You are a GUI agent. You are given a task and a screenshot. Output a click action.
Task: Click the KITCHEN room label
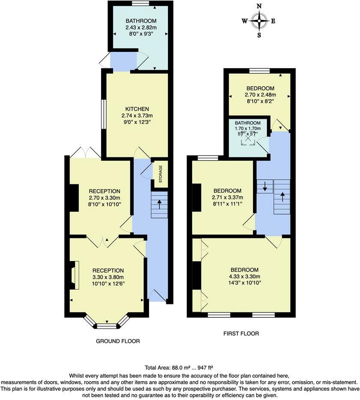[137, 109]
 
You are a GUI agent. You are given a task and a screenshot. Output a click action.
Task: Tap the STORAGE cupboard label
[161, 174]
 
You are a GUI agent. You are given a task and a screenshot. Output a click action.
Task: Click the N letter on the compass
[259, 6]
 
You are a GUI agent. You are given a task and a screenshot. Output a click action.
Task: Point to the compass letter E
[273, 21]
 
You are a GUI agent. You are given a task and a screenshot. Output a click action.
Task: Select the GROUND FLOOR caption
[118, 341]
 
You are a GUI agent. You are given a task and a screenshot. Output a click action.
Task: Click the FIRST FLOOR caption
[241, 334]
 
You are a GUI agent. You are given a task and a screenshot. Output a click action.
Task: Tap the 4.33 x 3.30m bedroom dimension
[245, 276]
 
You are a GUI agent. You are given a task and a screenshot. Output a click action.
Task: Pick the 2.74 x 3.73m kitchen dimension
[137, 116]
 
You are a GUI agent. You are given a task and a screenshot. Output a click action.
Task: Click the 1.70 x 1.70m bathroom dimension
[248, 129]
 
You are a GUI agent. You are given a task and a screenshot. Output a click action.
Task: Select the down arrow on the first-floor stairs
[265, 186]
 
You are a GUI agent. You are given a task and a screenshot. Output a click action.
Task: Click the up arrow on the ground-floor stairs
[159, 205]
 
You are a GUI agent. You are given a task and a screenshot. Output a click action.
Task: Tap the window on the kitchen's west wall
[104, 114]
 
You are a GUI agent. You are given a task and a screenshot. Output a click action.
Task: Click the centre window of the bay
[107, 326]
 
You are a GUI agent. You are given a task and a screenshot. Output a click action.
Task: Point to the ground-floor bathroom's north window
[141, 3]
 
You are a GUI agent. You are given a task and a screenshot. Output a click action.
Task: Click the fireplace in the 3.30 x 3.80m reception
[75, 275]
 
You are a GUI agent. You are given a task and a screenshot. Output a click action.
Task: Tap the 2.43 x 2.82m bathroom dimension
[141, 27]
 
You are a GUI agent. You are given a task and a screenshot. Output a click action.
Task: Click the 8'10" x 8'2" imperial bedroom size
[260, 101]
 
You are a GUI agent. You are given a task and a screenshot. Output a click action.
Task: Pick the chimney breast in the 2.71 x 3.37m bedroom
[197, 198]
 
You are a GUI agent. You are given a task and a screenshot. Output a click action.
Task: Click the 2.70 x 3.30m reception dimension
[105, 198]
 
